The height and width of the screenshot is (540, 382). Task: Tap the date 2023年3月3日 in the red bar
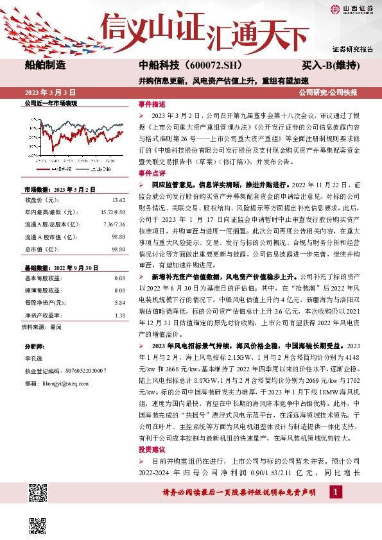(51, 93)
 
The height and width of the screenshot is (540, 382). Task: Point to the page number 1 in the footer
(334, 491)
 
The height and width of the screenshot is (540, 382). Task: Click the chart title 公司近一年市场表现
(51, 103)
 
